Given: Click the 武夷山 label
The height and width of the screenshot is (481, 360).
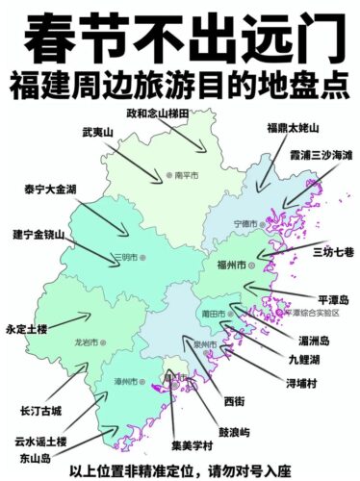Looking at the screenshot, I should [98, 131].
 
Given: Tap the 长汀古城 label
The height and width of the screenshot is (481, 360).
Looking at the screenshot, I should [39, 411].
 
